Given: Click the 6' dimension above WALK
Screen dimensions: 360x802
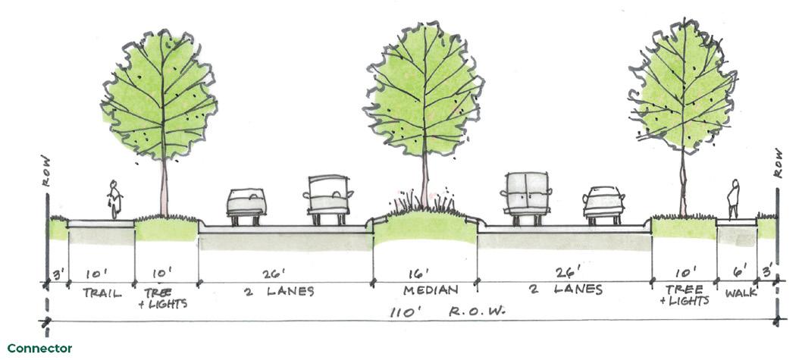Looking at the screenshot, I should pos(738,273).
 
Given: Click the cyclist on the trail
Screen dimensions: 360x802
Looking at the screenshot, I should pos(114,199).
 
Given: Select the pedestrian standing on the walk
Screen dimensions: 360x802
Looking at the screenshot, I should pos(733,199).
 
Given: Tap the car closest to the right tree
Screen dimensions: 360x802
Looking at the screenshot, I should pos(603,204).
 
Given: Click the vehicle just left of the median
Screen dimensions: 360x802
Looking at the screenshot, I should pos(328,199).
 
